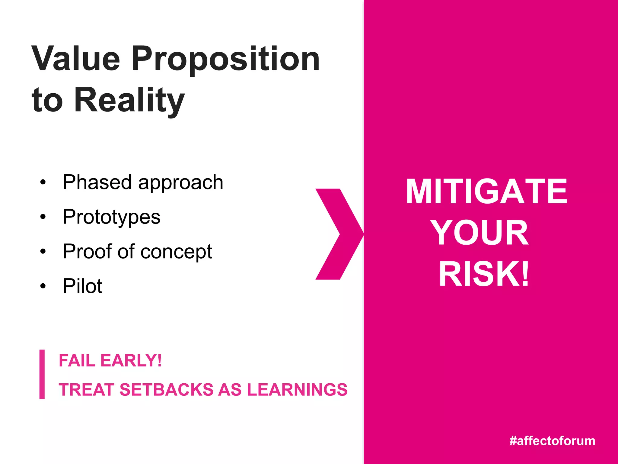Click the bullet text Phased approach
(x=143, y=182)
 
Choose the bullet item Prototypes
(x=111, y=217)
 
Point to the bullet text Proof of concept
(x=137, y=251)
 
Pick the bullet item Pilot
(x=82, y=286)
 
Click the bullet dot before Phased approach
(x=43, y=182)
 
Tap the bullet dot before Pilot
(x=43, y=286)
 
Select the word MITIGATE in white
(x=486, y=192)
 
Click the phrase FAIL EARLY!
(x=110, y=360)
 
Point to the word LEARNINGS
(x=297, y=389)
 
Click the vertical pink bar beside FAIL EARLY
(x=42, y=374)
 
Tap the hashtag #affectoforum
(x=552, y=441)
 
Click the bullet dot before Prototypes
(x=43, y=217)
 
